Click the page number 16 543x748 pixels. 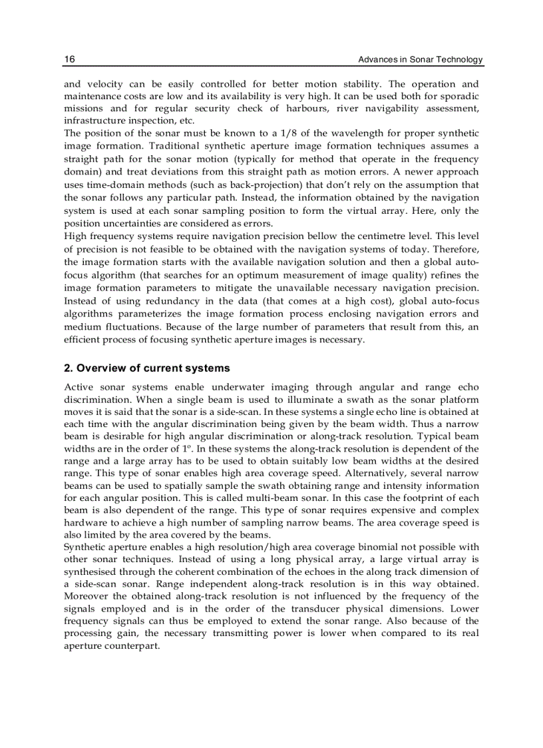[x=69, y=60]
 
